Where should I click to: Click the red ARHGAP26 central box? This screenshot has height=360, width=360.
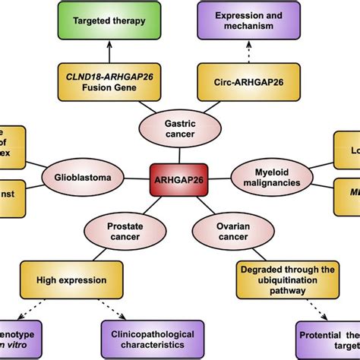point(179,179)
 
